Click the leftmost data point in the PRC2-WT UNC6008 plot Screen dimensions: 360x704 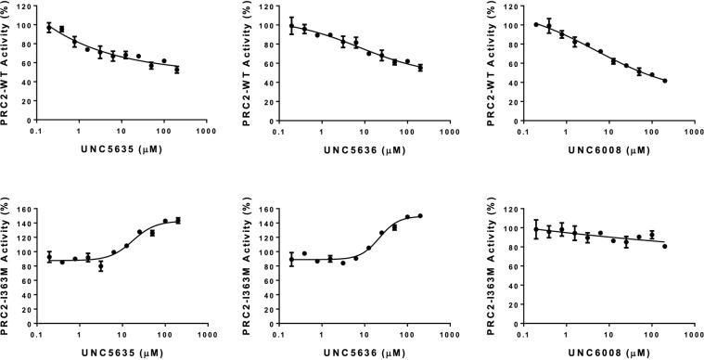point(536,24)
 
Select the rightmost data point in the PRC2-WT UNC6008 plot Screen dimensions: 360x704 point(665,81)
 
